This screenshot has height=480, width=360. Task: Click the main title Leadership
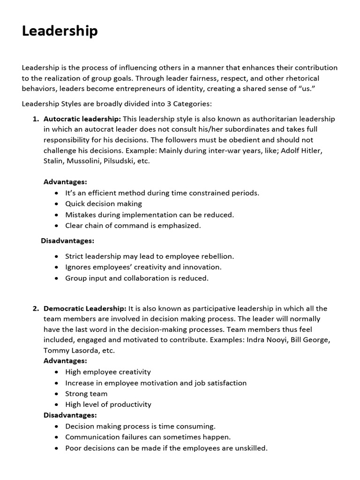60,31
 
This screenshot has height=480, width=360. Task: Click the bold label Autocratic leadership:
82,119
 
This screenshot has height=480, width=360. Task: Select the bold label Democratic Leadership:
85,308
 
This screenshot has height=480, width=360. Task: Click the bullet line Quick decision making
103,204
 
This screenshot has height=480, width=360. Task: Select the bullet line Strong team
86,394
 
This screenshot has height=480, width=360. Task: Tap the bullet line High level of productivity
108,405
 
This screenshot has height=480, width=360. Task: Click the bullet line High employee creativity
108,372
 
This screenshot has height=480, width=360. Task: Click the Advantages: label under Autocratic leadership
65,182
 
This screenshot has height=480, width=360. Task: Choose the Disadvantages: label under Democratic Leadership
70,415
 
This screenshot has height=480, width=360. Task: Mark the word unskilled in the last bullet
251,448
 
